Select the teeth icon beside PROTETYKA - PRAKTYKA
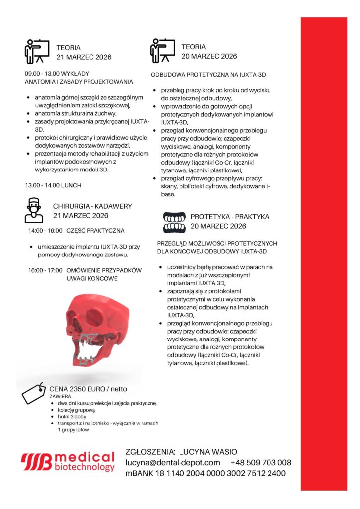pyautogui.click(x=175, y=222)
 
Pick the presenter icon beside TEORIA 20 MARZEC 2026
pyautogui.click(x=163, y=51)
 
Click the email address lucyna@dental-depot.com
pyautogui.click(x=173, y=462)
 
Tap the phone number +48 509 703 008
pyautogui.click(x=261, y=462)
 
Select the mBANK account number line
pyautogui.click(x=205, y=473)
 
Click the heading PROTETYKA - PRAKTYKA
pyautogui.click(x=230, y=217)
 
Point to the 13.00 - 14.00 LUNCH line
pyautogui.click(x=53, y=185)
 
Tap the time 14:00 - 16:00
pyautogui.click(x=45, y=231)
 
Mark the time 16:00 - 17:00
pyautogui.click(x=43, y=270)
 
